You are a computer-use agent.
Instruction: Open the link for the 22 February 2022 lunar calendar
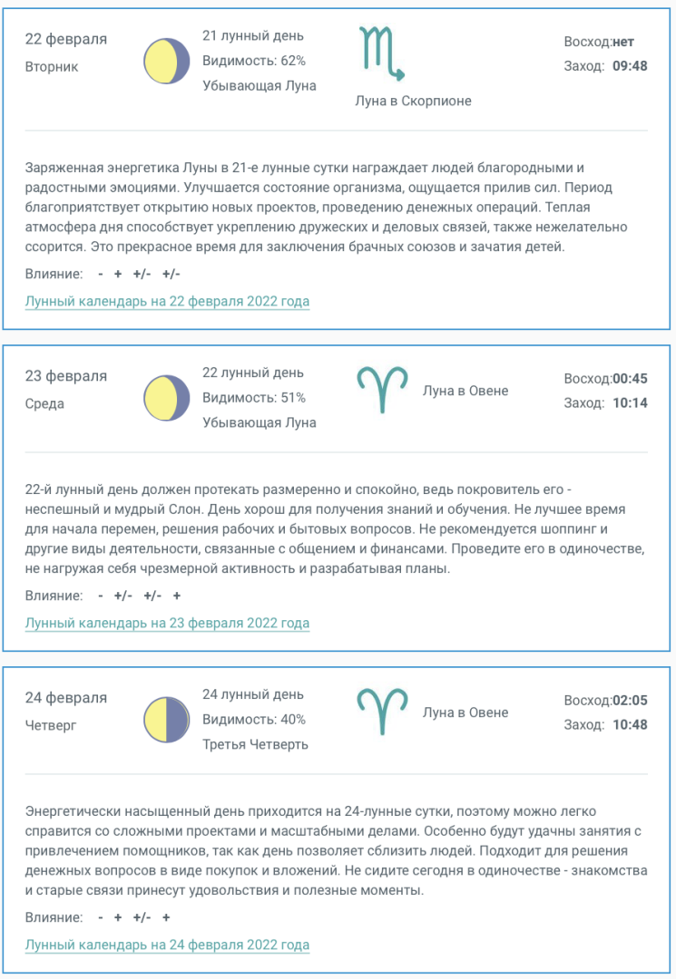[x=167, y=301]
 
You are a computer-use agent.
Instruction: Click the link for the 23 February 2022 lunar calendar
[x=167, y=623]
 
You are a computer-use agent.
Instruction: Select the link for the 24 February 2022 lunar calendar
[x=167, y=945]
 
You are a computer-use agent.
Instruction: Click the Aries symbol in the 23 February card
[x=382, y=391]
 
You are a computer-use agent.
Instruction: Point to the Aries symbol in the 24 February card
[x=382, y=712]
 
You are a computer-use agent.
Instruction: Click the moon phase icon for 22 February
[x=167, y=62]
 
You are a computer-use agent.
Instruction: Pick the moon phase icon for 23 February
[x=167, y=398]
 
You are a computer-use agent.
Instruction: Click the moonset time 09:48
[x=630, y=65]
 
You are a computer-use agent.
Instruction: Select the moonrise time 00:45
[x=630, y=378]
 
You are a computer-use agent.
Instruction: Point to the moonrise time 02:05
[x=630, y=700]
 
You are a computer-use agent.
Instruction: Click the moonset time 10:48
[x=630, y=724]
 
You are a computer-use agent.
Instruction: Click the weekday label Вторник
[x=52, y=66]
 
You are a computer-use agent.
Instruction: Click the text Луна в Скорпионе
[x=413, y=101]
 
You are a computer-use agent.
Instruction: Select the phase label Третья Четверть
[x=255, y=744]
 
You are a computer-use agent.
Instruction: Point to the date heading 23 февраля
[x=66, y=375]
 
